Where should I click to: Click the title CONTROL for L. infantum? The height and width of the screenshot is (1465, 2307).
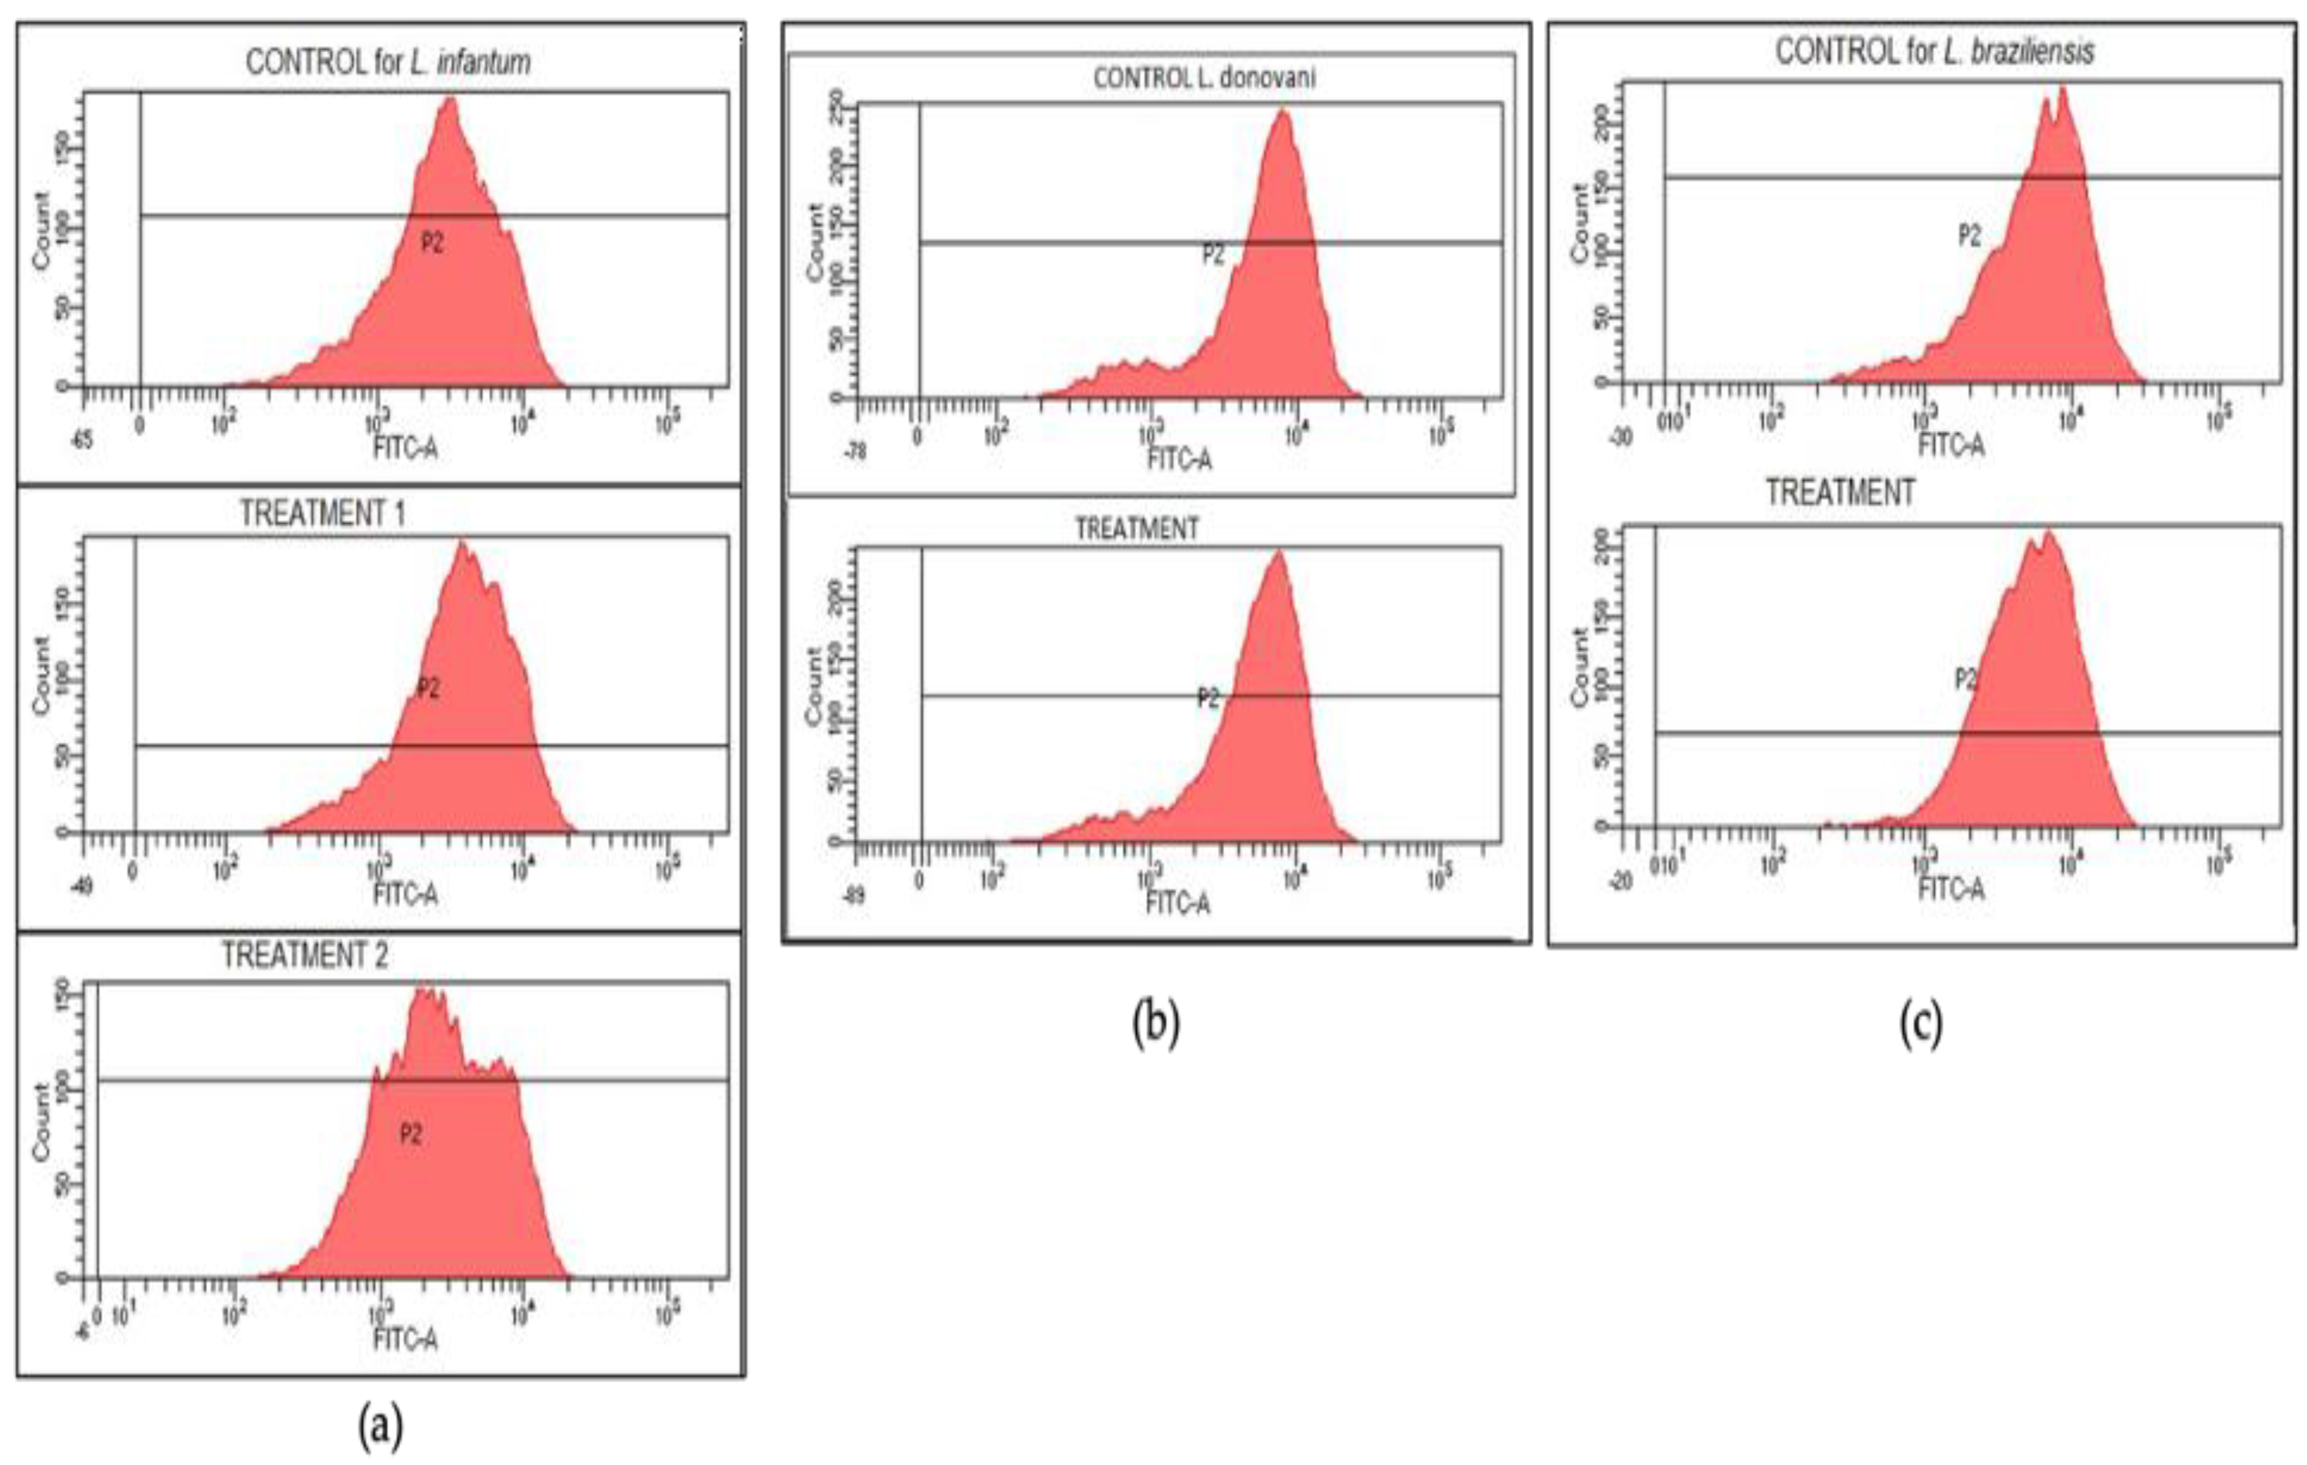pos(388,63)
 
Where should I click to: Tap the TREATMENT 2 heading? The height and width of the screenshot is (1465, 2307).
pos(304,955)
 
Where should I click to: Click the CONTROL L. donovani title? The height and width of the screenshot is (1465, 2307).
pos(1205,77)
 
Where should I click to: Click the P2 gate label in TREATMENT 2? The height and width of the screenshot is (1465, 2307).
pos(410,1134)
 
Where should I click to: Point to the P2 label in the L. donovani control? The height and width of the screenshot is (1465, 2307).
pos(1213,254)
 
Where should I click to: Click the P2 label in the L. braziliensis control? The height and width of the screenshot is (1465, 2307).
pos(1969,235)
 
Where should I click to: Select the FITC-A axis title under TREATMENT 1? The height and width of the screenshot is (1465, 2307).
pos(405,894)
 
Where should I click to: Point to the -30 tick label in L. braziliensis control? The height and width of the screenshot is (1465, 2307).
pos(1621,438)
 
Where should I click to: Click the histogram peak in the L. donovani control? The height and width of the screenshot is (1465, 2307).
pos(1283,113)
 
